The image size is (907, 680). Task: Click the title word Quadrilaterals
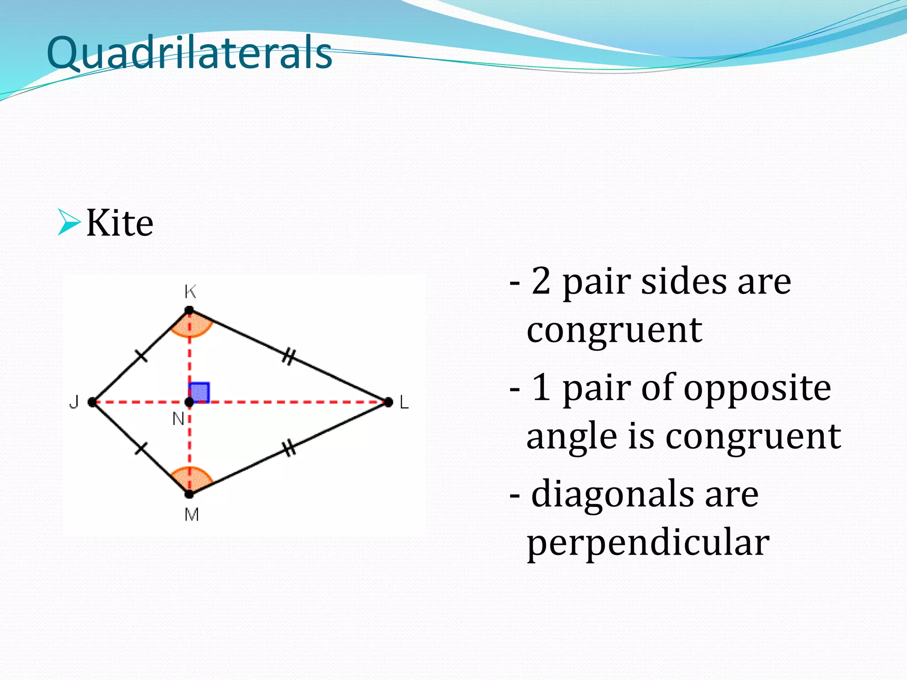[189, 53]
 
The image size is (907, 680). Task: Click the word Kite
[120, 223]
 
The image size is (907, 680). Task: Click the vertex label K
[190, 292]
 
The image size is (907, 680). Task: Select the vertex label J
[74, 402]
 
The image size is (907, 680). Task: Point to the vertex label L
[404, 403]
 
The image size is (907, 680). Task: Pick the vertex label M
[191, 514]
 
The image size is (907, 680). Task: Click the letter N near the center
[178, 418]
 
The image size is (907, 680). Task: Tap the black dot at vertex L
[388, 402]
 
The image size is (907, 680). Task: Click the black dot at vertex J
[92, 402]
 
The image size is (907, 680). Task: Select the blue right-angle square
[199, 392]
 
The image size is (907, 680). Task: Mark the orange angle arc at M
[191, 477]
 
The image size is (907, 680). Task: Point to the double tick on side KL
[288, 356]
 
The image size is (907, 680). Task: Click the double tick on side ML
[289, 448]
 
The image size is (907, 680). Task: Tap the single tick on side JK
[141, 355]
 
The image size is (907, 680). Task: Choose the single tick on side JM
[140, 448]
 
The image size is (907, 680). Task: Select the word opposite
[757, 388]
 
